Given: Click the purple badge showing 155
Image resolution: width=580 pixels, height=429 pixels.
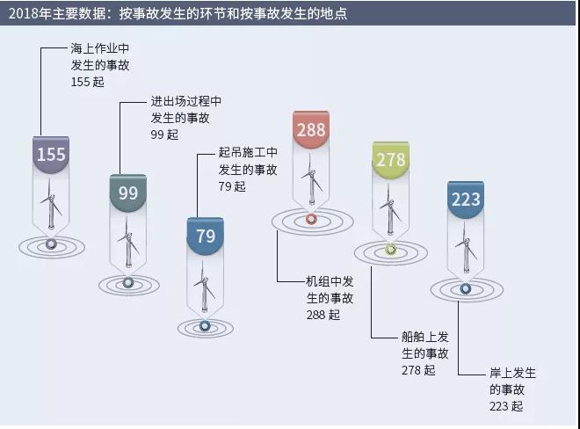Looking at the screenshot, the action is [x=51, y=155].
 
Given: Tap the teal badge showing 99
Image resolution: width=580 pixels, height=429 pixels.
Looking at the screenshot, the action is [x=128, y=193].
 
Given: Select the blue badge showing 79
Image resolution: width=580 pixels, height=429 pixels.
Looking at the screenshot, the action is [x=206, y=236].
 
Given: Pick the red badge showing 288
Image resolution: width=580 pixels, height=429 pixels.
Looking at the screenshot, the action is [x=311, y=129].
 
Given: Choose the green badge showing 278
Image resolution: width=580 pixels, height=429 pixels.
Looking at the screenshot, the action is [x=390, y=160].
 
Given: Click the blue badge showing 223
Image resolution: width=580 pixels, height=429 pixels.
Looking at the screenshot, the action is [x=466, y=200].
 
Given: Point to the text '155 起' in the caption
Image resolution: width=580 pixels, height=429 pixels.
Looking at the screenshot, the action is [x=88, y=82].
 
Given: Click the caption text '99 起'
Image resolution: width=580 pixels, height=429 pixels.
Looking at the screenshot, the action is [x=164, y=135].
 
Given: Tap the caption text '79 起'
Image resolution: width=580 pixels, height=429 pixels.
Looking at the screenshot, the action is [x=232, y=186].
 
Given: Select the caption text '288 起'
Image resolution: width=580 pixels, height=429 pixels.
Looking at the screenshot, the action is [x=323, y=315].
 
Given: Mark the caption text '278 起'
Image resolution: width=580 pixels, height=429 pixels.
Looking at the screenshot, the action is [x=418, y=370].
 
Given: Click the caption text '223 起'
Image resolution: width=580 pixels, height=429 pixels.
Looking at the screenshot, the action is [x=506, y=406].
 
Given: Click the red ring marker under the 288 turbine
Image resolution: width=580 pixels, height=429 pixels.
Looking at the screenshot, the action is [x=311, y=219].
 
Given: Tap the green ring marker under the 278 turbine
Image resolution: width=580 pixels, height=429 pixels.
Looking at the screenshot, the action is [x=391, y=251].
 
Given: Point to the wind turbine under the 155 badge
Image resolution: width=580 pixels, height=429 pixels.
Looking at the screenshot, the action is [x=51, y=204].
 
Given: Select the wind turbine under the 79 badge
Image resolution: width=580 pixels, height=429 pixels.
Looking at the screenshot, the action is [x=204, y=287].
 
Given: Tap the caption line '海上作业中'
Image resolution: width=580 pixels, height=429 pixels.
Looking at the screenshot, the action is [x=100, y=48].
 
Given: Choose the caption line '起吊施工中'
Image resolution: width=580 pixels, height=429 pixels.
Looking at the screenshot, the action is [x=248, y=152].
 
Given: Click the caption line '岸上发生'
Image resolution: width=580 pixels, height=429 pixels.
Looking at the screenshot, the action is [x=512, y=373].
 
